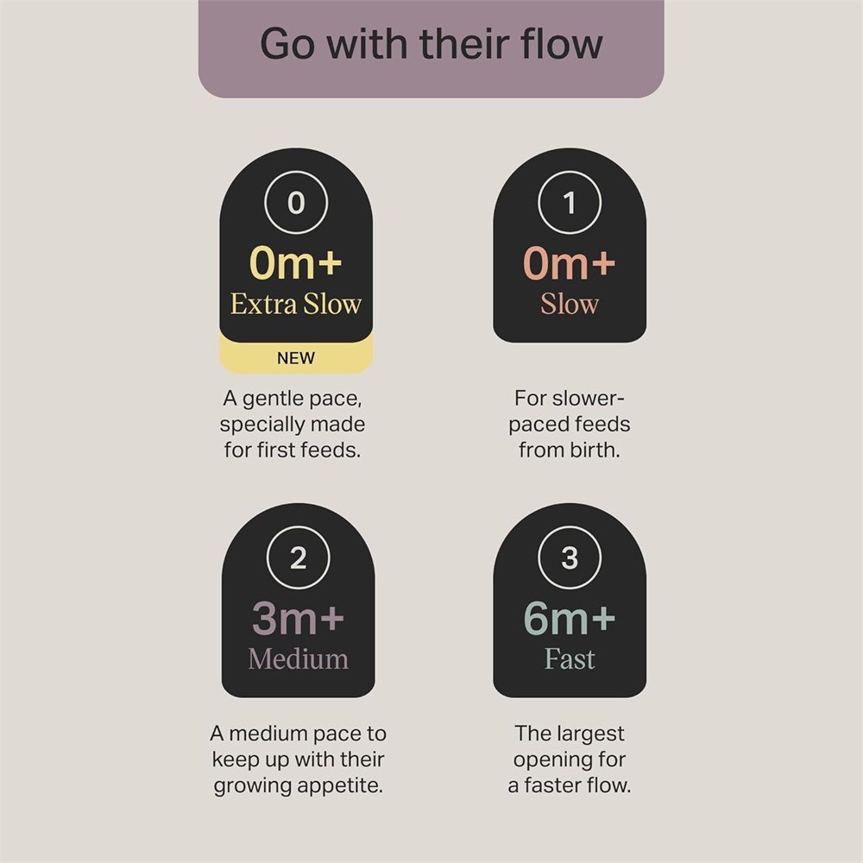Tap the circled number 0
pos(296,203)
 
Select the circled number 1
pos(570,203)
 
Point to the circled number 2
pos(299,557)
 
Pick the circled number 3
pos(570,557)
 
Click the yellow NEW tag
pos(296,358)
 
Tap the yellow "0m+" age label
pos(296,263)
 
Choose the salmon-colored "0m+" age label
pos(569,263)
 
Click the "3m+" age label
pos(299,618)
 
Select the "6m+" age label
pos(570,618)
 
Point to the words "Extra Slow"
pos(296,304)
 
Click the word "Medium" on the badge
pos(299,658)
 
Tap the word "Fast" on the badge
pos(570,658)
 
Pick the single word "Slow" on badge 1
pos(570,304)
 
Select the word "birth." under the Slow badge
pos(593,450)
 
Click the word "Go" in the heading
pos(287,44)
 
